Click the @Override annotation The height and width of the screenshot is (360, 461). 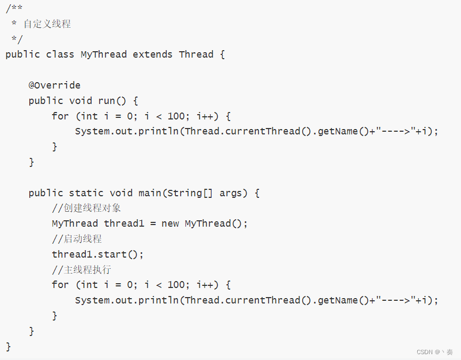(x=54, y=85)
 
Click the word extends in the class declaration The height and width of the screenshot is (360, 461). (x=153, y=54)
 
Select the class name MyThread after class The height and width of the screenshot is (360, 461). (x=104, y=54)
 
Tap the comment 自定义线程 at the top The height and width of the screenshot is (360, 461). (x=47, y=24)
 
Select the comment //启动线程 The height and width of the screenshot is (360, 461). (x=77, y=239)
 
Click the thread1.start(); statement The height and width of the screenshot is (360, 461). (x=98, y=254)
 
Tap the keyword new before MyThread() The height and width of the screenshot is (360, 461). (x=170, y=223)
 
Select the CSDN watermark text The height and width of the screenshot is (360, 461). (x=435, y=352)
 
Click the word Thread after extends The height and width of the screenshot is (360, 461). (x=196, y=54)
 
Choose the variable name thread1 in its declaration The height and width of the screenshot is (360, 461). (x=124, y=223)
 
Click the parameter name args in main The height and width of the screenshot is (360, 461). (x=231, y=193)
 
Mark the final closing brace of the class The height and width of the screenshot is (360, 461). (x=9, y=347)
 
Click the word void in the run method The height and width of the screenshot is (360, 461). (x=81, y=101)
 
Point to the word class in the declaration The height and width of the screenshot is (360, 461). (x=60, y=54)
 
